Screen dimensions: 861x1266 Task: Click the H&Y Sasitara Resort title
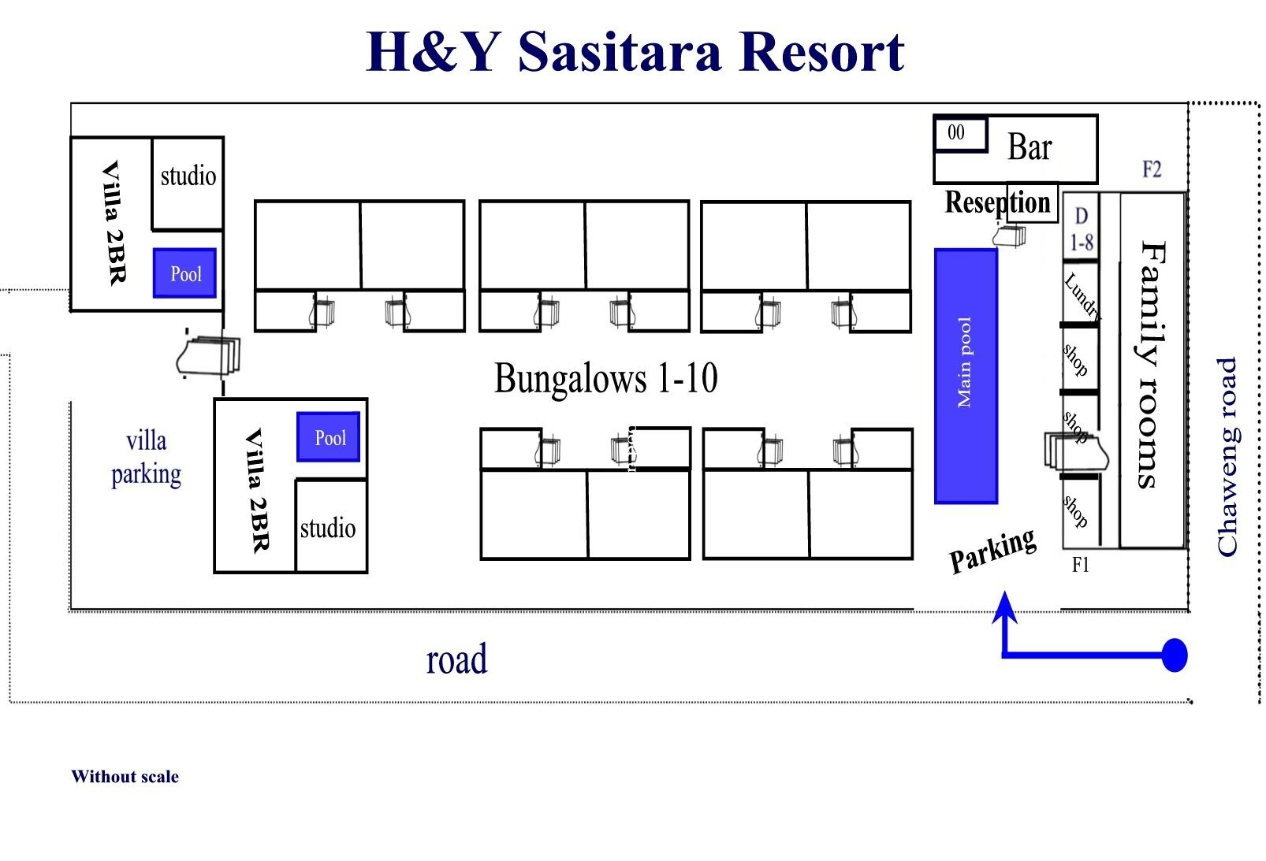(635, 52)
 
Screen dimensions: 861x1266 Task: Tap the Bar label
(1030, 147)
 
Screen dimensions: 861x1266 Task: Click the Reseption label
(998, 202)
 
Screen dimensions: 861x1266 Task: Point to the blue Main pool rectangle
(966, 376)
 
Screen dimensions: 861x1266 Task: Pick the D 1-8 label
(1081, 229)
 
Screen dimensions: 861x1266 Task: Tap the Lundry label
(1081, 295)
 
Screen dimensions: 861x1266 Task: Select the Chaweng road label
(1227, 457)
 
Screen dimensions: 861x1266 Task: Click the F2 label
(1152, 169)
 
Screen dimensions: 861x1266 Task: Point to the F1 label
(1080, 565)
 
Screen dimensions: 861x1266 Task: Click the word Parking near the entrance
(992, 550)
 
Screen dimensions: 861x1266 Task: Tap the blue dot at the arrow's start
(1175, 655)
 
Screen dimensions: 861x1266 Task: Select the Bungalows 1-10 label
(605, 378)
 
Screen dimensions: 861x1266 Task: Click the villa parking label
(146, 458)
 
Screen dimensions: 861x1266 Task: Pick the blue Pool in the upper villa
(185, 273)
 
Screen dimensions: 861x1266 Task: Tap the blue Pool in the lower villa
(329, 437)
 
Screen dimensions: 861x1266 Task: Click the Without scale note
(125, 777)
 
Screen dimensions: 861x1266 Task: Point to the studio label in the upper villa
(188, 176)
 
